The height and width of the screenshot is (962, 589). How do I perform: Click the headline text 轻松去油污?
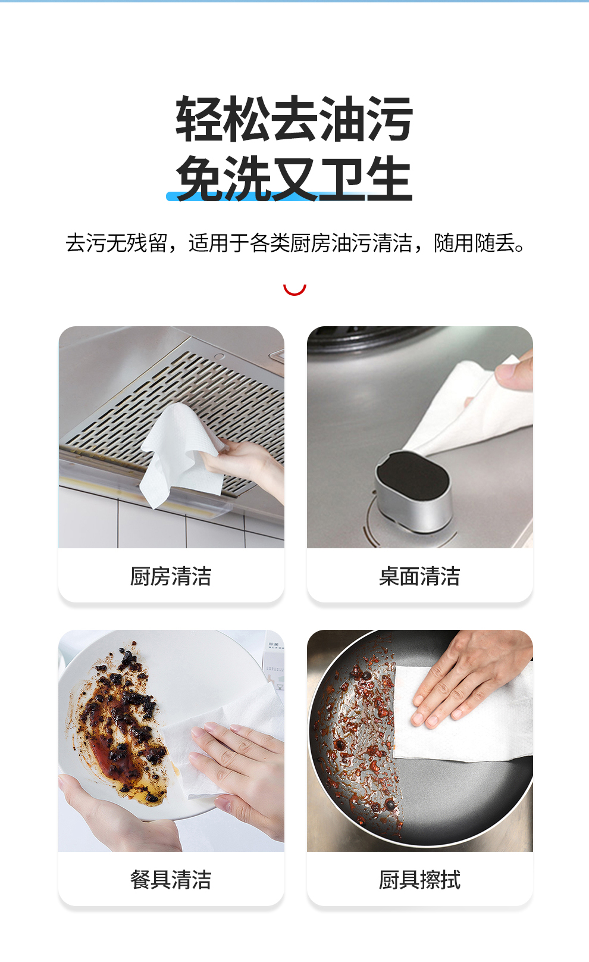pos(294,118)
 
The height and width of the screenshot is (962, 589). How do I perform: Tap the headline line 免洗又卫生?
pos(294,177)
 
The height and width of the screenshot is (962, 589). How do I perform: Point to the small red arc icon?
pos(294,291)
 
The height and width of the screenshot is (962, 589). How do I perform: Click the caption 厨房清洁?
pos(171,576)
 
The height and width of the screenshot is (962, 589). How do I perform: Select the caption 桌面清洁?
pos(419,576)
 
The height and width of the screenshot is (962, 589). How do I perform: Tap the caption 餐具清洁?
pos(171,879)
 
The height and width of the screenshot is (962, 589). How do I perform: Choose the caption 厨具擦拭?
pos(419,879)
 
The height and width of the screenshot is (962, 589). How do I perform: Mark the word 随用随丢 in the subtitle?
pos(474,243)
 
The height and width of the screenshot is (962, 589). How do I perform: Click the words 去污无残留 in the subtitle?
pos(116,243)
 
